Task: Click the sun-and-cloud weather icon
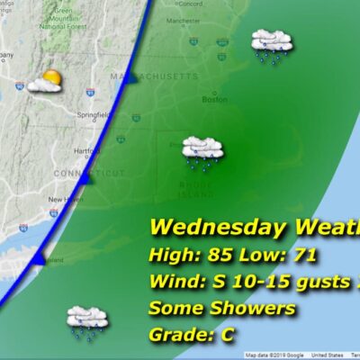[45, 83]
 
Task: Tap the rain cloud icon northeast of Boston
[271, 44]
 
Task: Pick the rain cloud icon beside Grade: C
[87, 320]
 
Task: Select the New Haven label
[65, 200]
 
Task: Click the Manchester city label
[209, 19]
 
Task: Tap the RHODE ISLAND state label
[200, 188]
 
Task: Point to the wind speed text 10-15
[263, 283]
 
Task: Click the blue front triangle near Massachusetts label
[132, 78]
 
